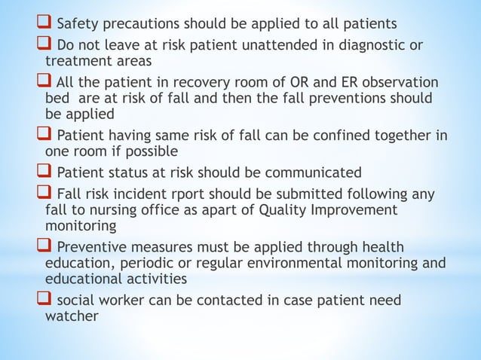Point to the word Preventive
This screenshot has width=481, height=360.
pyautogui.click(x=93, y=247)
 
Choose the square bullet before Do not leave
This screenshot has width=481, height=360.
pyautogui.click(x=46, y=45)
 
